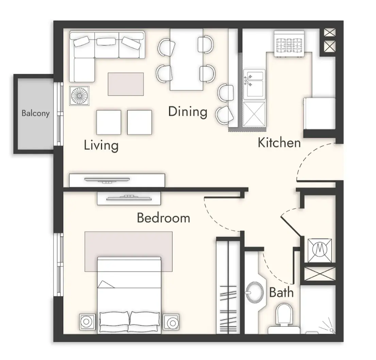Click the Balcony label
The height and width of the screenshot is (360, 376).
coord(35,113)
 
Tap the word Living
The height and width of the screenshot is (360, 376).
coord(101,145)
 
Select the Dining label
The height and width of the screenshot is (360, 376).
coord(188,112)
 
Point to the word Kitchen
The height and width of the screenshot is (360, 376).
coord(279,143)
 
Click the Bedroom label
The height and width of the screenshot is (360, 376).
coord(164,218)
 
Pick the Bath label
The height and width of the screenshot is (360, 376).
coord(281,292)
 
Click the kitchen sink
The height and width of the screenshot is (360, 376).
coord(254,84)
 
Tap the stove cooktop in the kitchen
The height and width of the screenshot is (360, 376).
coord(289,45)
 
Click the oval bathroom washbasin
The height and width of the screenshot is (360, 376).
coord(255,292)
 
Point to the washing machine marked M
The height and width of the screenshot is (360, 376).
coord(320,251)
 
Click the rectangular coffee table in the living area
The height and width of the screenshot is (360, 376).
coord(126,84)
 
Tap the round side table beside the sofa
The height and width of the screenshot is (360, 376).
coord(79,96)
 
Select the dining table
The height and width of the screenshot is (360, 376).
coord(186,59)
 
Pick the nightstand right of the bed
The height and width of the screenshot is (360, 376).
coord(171,322)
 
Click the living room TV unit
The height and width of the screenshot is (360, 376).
coord(117,181)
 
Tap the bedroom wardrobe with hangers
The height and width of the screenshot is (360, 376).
coord(228,286)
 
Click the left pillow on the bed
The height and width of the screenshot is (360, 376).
coord(115,322)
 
